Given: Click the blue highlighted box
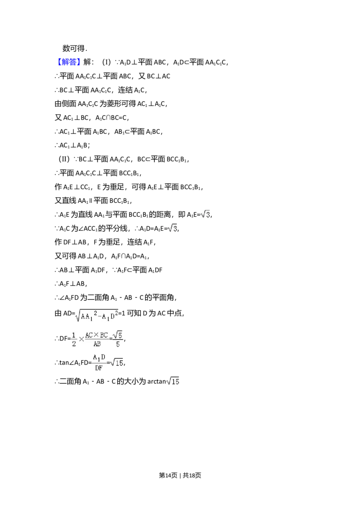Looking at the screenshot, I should pyautogui.click(x=69, y=63).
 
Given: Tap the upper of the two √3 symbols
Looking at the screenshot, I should pyautogui.click(x=205, y=214).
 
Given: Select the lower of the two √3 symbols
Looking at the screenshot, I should pyautogui.click(x=173, y=229).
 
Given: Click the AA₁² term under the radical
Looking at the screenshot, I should pyautogui.click(x=88, y=316).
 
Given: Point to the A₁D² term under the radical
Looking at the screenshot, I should pyautogui.click(x=110, y=316).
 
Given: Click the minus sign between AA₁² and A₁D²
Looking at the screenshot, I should pyautogui.click(x=99, y=317).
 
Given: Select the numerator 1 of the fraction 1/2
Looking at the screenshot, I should pyautogui.click(x=74, y=335).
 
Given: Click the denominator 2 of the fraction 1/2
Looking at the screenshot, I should pyautogui.click(x=74, y=344).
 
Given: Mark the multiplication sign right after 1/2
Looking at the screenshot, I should pyautogui.click(x=81, y=339).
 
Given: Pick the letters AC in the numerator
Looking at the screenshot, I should pyautogui.click(x=89, y=335).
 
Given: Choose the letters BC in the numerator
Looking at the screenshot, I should pyautogui.click(x=104, y=335).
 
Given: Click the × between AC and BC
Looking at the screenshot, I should pyautogui.click(x=96, y=335).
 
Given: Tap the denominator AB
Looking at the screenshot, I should pyautogui.click(x=97, y=344).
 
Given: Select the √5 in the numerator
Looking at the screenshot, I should pyautogui.click(x=117, y=335).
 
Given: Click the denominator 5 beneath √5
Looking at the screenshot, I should pyautogui.click(x=118, y=344).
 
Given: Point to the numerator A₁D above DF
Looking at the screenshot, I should pyautogui.click(x=99, y=358).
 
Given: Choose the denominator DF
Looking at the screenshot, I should pyautogui.click(x=99, y=368).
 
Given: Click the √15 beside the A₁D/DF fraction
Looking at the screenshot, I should pyautogui.click(x=117, y=362).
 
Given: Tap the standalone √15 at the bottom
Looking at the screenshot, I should pyautogui.click(x=173, y=382).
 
